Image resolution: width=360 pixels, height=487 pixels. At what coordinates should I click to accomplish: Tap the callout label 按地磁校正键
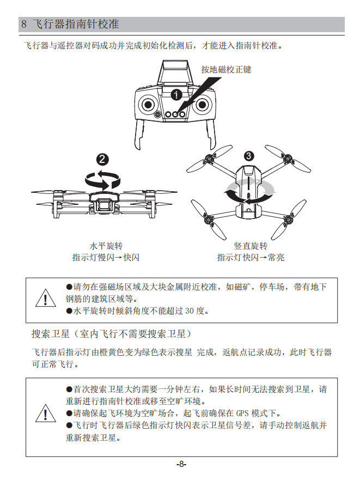[x=226, y=70]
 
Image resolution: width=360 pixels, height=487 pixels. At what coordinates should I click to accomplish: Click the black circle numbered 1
[x=176, y=95]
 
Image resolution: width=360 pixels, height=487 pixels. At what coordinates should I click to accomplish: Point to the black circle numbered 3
[x=248, y=156]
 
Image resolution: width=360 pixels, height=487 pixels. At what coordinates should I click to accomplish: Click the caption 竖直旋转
[x=251, y=246]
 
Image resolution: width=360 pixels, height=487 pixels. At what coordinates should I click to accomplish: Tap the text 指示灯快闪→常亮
[x=251, y=258]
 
